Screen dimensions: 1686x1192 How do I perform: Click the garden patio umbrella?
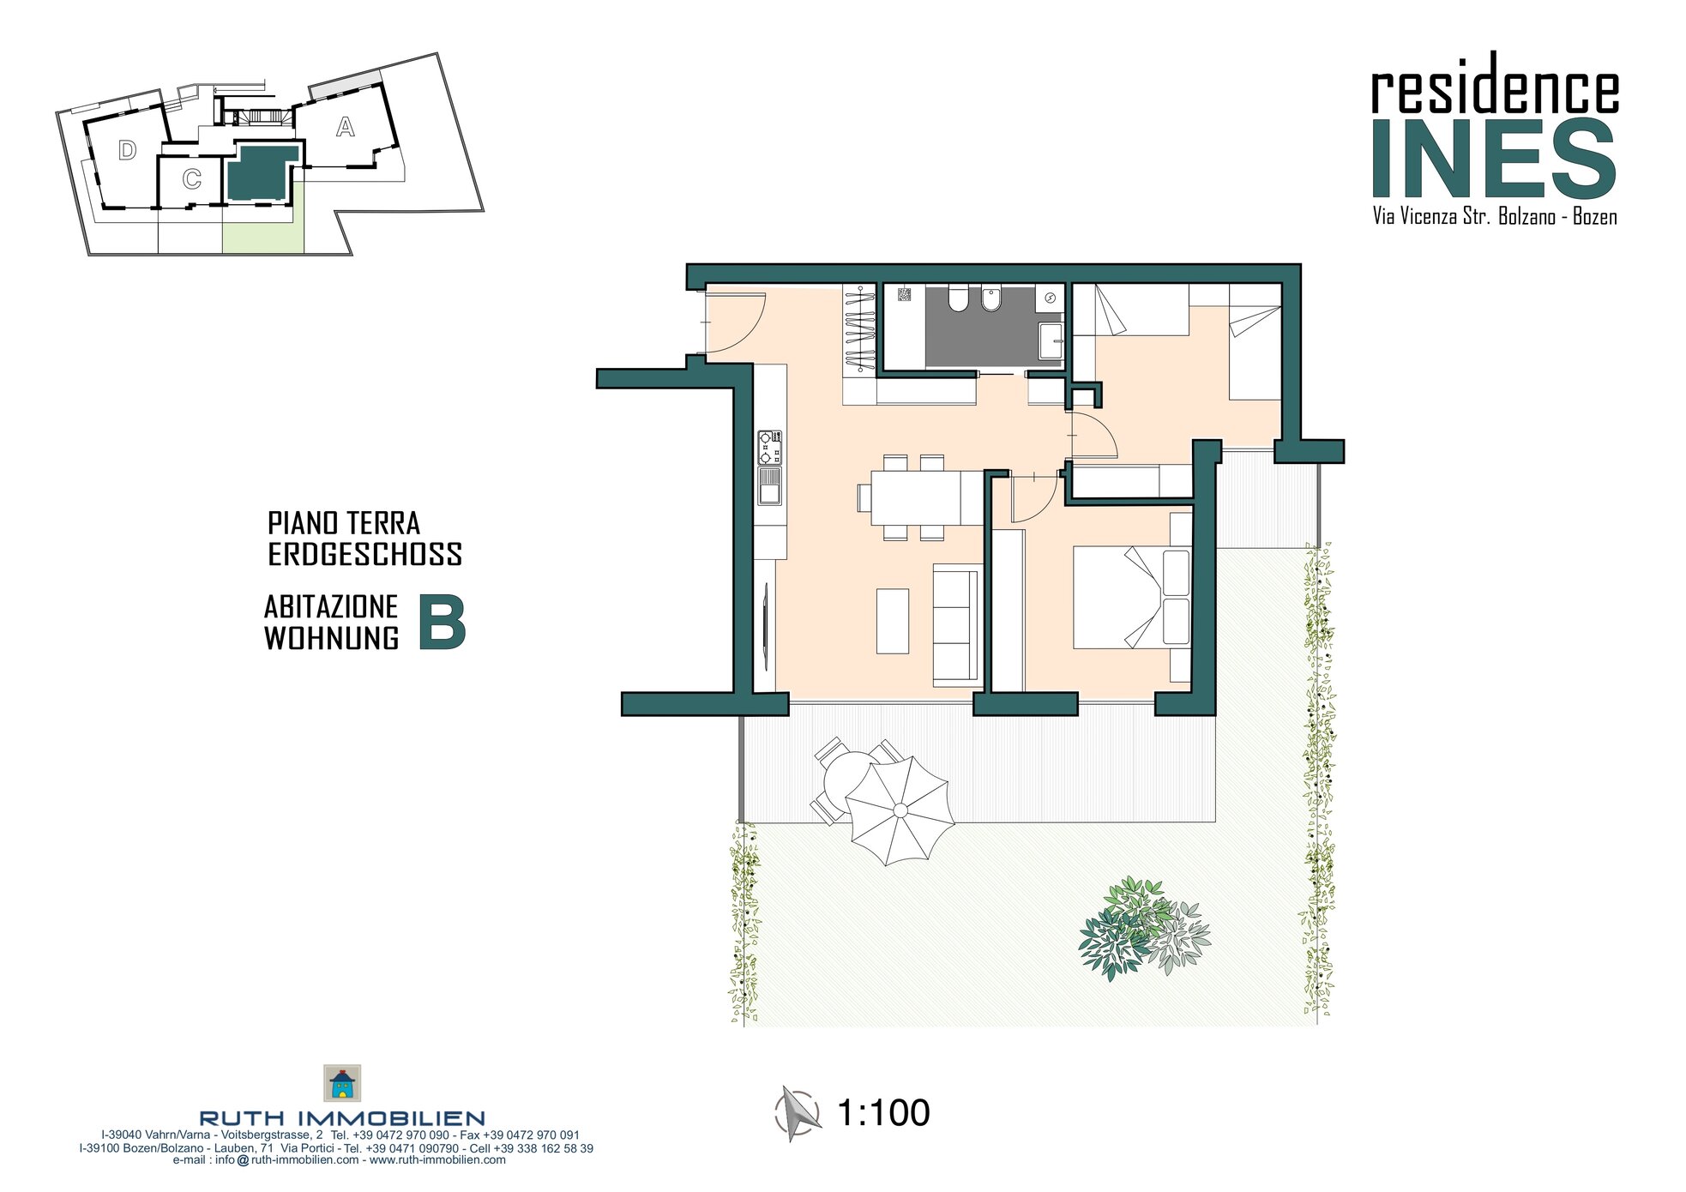coord(900,810)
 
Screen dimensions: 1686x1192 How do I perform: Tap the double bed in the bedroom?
coord(1132,599)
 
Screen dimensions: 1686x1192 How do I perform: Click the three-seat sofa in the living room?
coord(957,625)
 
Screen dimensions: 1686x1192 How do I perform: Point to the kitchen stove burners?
coord(769,447)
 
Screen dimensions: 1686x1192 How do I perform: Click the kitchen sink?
coord(769,486)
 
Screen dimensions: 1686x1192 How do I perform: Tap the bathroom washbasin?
coord(1051,340)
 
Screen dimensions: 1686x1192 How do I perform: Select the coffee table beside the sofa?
coord(892,621)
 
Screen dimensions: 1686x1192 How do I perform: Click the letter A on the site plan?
coord(345,127)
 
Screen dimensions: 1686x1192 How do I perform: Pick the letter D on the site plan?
coord(127,151)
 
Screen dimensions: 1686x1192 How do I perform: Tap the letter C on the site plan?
coord(192,179)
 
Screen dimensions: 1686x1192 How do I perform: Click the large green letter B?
coord(442,623)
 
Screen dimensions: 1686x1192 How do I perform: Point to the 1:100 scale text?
coord(883,1113)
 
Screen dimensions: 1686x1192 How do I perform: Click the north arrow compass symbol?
coord(797,1113)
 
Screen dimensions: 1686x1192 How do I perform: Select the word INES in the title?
coord(1494,160)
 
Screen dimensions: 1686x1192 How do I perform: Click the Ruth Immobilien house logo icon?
coord(341,1083)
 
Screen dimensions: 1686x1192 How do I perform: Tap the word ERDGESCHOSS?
coord(365,554)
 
